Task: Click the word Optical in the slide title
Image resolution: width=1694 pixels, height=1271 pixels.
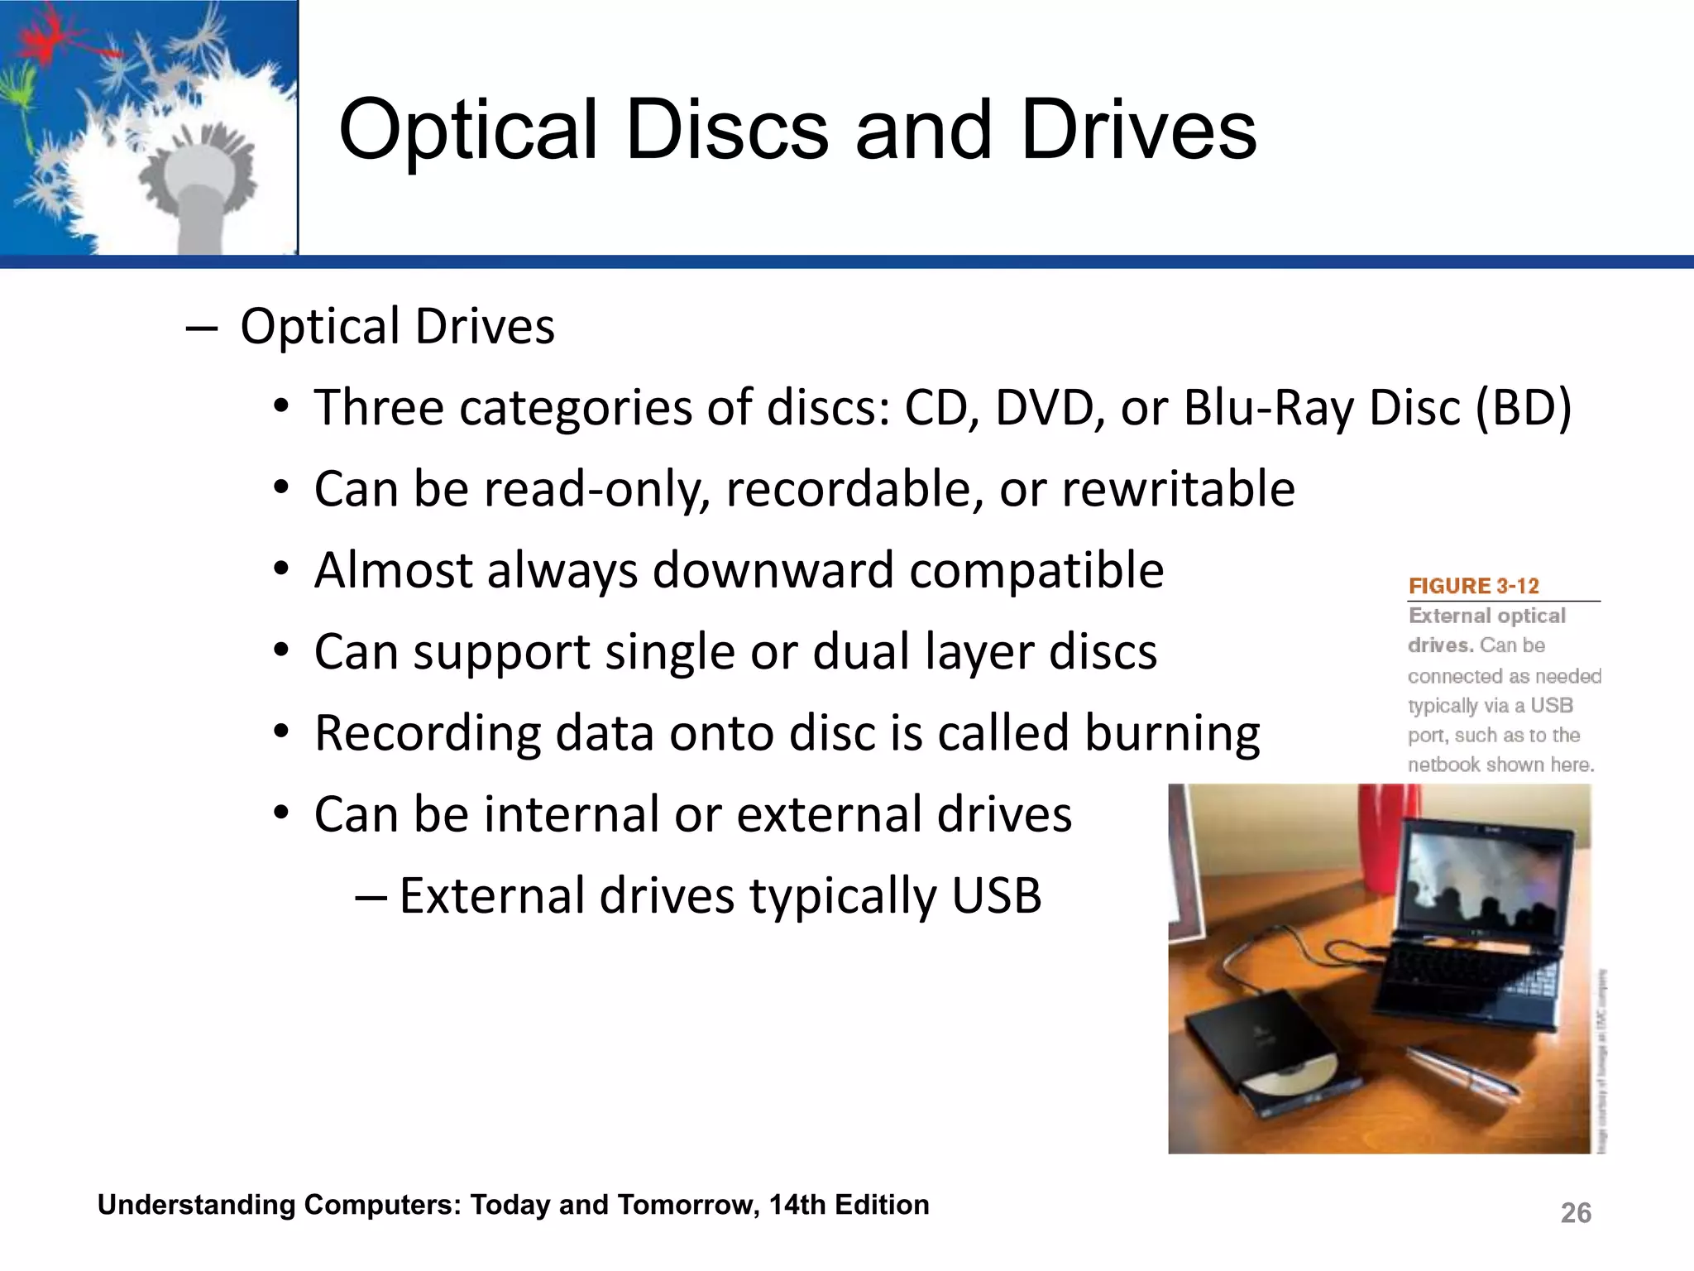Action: click(x=468, y=131)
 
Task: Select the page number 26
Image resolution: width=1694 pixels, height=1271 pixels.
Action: click(x=1575, y=1213)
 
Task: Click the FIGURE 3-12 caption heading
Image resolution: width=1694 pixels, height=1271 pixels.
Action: click(x=1473, y=586)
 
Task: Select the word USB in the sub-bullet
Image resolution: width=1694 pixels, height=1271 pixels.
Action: click(x=996, y=896)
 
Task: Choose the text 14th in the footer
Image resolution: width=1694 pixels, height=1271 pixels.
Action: click(x=797, y=1205)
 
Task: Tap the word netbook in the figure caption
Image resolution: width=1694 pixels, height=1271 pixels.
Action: click(x=1443, y=765)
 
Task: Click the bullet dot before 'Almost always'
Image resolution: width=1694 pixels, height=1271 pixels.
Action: click(x=282, y=569)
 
